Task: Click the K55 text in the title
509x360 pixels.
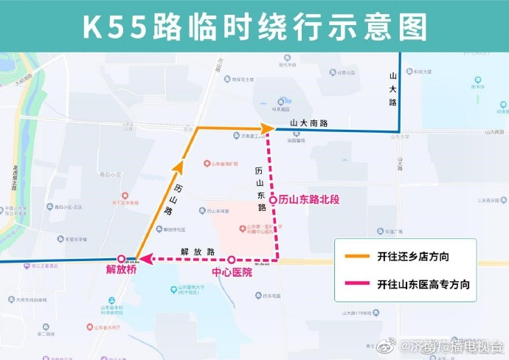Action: [x=114, y=28]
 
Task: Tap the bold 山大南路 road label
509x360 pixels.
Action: [x=308, y=123]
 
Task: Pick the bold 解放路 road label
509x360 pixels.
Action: [x=198, y=252]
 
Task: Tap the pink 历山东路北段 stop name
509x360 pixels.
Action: [x=308, y=200]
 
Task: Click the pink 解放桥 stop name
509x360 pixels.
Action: [x=121, y=271]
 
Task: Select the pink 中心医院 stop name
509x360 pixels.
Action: [x=232, y=272]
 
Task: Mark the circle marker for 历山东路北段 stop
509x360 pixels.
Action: [x=273, y=200]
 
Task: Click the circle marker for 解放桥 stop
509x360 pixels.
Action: [x=121, y=259]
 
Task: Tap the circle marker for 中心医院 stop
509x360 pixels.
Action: [x=232, y=260]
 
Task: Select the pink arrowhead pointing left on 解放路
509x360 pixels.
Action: [x=148, y=259]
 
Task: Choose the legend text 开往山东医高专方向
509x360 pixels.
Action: [x=423, y=283]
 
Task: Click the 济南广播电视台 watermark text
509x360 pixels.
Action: [x=457, y=345]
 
